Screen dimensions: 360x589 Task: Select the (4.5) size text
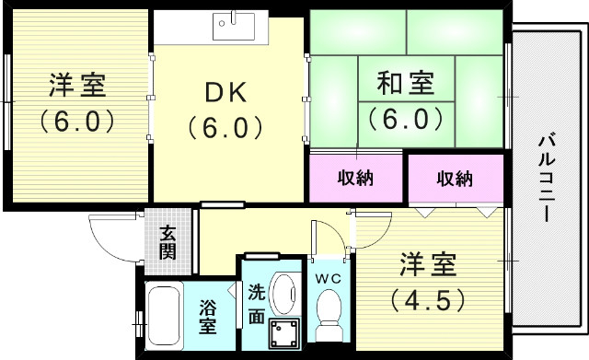[x=428, y=299]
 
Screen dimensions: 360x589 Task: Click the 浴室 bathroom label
[x=208, y=313]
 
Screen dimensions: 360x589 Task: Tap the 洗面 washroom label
[x=257, y=304]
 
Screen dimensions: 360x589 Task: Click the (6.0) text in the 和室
[x=406, y=118]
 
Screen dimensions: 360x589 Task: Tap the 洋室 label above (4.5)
[x=428, y=266]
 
